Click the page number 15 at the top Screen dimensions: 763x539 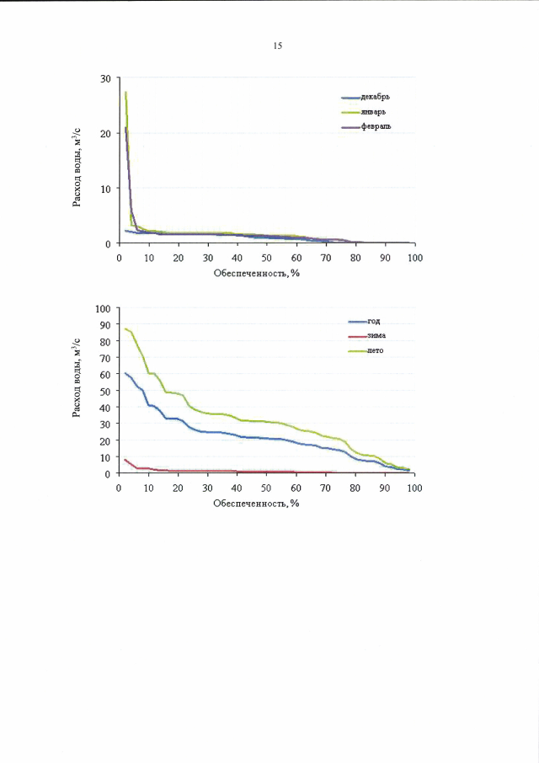pos(277,45)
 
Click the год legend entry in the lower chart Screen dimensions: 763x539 pos(374,321)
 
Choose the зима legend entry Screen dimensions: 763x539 pos(376,335)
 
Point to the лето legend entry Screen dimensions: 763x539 pos(376,349)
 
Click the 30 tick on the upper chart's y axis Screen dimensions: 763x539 pos(105,78)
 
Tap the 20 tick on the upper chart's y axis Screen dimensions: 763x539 pos(105,133)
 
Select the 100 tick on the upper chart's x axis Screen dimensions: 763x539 pos(414,258)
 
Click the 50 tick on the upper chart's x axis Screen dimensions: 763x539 pos(267,258)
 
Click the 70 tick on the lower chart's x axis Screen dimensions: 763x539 pos(326,488)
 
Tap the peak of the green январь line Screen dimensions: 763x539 pos(125,92)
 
